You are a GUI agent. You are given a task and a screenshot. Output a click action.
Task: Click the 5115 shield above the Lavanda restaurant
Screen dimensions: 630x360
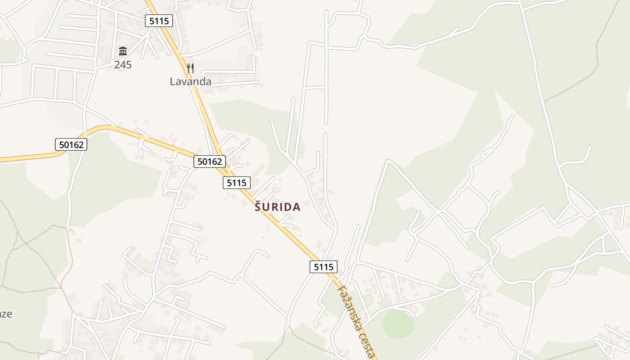[x=159, y=20]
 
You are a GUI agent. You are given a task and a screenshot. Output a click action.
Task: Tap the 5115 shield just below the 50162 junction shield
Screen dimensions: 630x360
[x=237, y=182]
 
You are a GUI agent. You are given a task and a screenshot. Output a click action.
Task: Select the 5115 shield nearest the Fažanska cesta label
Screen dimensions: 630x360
[x=323, y=266]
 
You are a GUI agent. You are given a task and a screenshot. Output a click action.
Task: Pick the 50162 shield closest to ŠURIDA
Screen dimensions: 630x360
[x=209, y=161]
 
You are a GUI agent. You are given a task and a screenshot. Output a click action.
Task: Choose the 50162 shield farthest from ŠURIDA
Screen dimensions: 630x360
[x=71, y=144]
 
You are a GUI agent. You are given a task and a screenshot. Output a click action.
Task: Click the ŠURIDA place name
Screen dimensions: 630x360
[x=278, y=207]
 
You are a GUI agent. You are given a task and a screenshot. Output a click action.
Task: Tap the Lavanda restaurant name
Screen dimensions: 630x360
[x=190, y=81]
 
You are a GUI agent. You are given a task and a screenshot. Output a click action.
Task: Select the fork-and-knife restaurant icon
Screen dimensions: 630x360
[x=190, y=68]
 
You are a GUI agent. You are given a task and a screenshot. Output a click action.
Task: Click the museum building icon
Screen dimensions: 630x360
[x=123, y=51]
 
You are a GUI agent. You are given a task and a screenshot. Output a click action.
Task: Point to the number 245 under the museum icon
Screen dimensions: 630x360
[x=123, y=65]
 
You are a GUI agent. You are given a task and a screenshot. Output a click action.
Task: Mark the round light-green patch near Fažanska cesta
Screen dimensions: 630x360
[x=398, y=323]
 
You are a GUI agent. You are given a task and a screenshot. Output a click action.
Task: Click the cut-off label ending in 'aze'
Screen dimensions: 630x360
[x=5, y=314]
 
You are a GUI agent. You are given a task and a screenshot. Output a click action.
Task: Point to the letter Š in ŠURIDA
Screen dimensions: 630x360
[x=258, y=207]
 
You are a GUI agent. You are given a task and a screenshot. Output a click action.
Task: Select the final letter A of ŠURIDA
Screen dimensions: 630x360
[x=296, y=207]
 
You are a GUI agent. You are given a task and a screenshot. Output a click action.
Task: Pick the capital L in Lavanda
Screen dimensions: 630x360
[x=172, y=81]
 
